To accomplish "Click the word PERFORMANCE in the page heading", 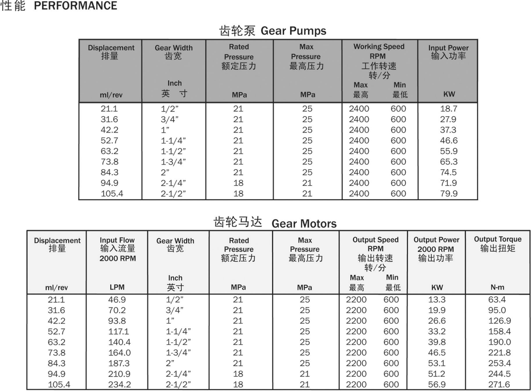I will point(76,6).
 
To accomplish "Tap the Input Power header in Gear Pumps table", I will point(448,48).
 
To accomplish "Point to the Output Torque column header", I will point(497,239).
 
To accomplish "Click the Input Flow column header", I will point(117,240).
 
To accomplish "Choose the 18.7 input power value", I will point(448,109).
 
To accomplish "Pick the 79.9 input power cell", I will point(448,194).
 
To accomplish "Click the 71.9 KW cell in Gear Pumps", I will point(448,183).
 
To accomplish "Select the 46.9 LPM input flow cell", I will point(117,300).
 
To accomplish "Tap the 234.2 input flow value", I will point(119,385).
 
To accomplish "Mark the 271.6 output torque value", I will point(499,385).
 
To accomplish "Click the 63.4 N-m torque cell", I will point(497,300).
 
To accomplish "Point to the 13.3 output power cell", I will point(437,300).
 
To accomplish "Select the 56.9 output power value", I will point(437,385).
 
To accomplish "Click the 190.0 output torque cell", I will point(499,342).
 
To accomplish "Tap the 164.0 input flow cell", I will point(119,353).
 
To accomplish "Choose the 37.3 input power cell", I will point(448,130).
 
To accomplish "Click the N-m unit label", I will point(497,288).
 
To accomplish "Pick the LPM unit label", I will point(117,288).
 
